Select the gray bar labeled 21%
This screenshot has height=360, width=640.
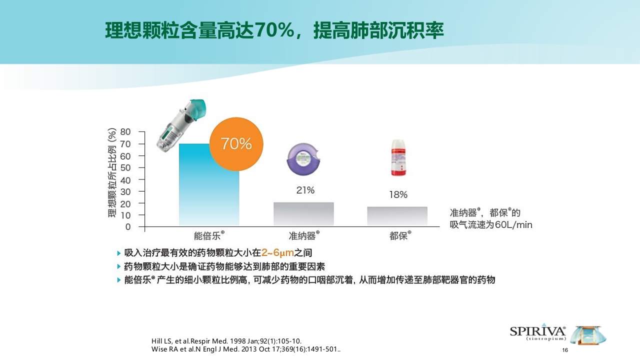(303, 214)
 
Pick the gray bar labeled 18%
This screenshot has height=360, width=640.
(397, 216)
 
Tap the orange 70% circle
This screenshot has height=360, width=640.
(237, 144)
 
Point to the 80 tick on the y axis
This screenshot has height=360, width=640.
(125, 132)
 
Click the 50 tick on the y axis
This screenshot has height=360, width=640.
(125, 167)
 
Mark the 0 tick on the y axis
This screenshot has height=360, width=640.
(128, 227)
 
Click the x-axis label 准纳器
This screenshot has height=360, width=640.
(302, 235)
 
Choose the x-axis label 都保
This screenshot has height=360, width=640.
(399, 235)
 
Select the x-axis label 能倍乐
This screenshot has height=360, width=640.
(207, 235)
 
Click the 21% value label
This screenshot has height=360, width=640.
(304, 190)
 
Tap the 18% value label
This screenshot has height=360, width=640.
(398, 194)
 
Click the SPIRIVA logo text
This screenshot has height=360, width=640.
(537, 331)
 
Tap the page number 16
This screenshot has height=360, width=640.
(565, 350)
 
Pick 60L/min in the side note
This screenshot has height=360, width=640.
(513, 225)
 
